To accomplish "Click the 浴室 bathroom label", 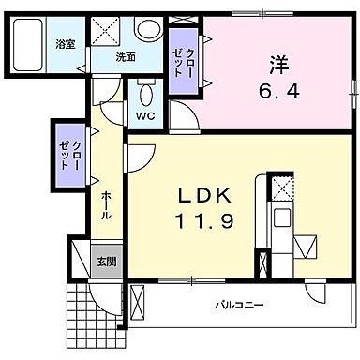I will (x=64, y=44).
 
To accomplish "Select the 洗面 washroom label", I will (x=125, y=56).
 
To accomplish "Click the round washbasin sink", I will (x=147, y=30).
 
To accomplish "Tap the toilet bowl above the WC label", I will (x=144, y=95).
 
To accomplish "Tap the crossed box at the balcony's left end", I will (x=139, y=303).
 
